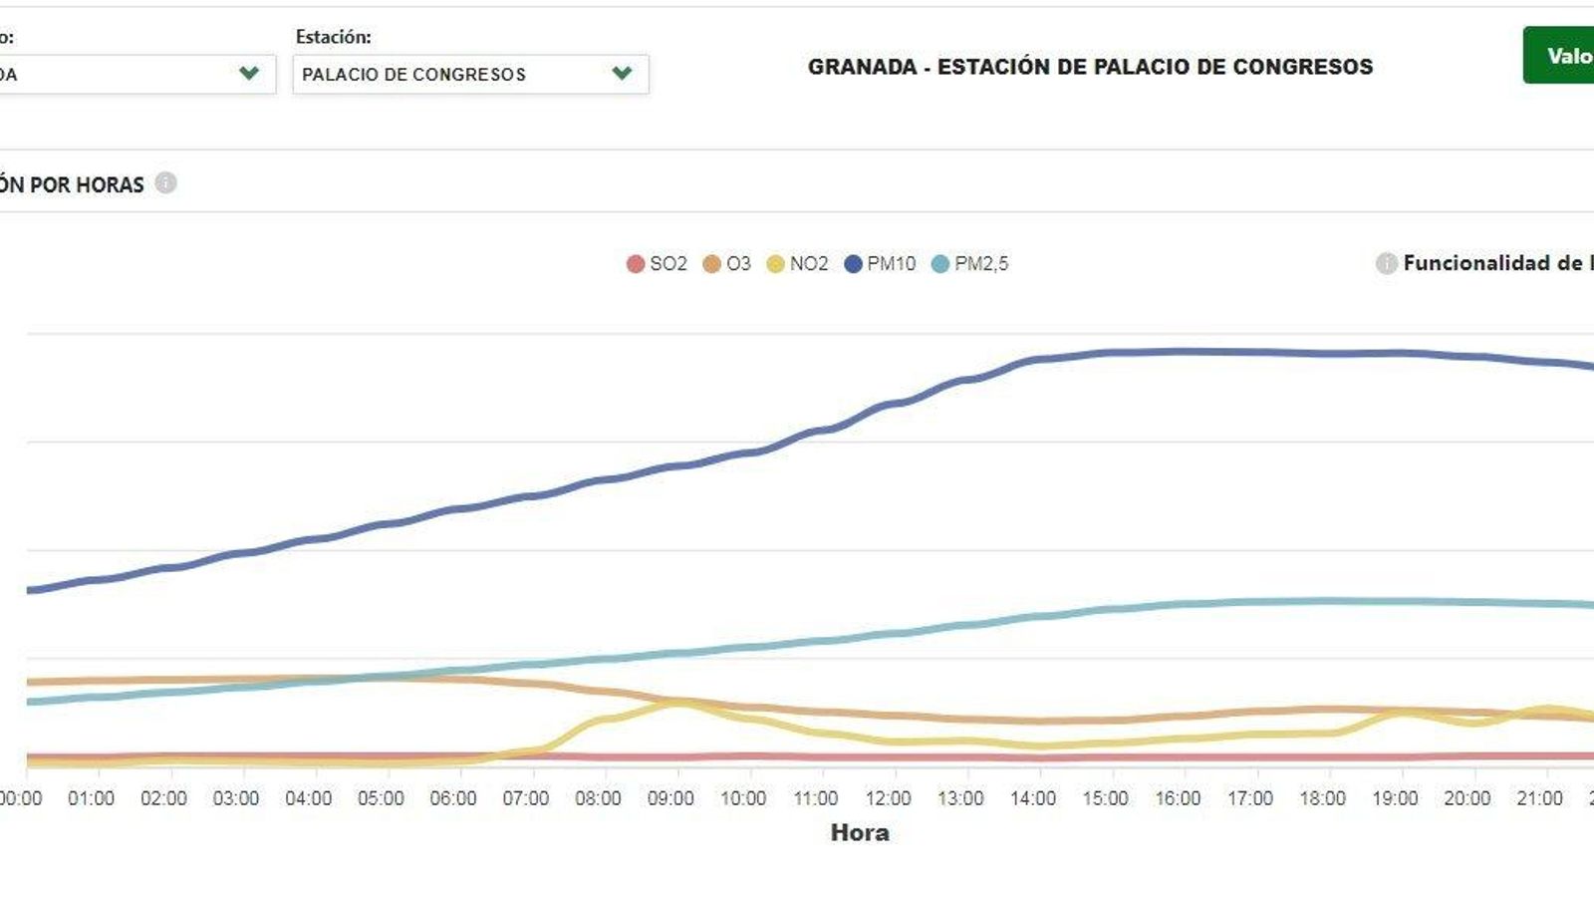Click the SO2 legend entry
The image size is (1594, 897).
click(657, 264)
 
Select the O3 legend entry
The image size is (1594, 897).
click(727, 264)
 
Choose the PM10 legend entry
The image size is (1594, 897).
click(880, 264)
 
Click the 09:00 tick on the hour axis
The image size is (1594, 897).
click(670, 798)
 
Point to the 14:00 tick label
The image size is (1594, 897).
click(1033, 798)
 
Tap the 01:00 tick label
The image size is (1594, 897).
click(91, 798)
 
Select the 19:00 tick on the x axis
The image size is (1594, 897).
click(1395, 798)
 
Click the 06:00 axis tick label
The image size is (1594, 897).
click(453, 798)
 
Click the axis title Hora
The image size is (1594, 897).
click(860, 833)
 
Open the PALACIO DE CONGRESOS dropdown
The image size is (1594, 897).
click(470, 75)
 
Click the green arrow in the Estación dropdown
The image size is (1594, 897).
click(622, 74)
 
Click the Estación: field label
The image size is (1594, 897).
click(333, 37)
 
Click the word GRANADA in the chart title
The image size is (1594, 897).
click(862, 67)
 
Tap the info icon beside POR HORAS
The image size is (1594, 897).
click(166, 183)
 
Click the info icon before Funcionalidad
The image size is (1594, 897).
click(1386, 263)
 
